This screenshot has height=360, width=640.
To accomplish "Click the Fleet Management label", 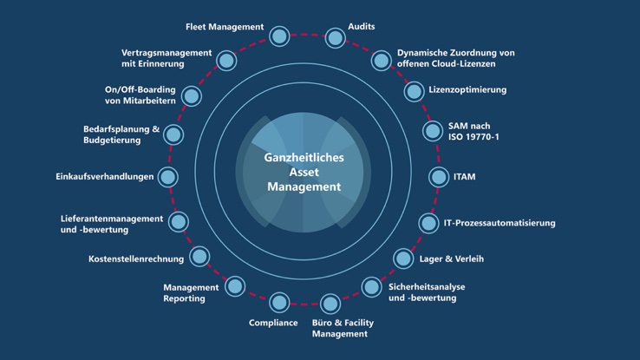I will [x=225, y=27].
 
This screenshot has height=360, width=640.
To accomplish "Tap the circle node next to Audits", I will [x=335, y=37].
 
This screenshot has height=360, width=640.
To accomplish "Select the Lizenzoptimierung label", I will [x=467, y=89].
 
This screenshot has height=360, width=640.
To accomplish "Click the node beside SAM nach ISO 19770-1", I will [x=432, y=131].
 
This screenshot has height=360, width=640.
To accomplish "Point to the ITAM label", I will [x=464, y=177].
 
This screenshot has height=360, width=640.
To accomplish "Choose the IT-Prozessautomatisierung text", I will [x=499, y=223].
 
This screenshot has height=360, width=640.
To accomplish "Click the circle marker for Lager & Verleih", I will [x=403, y=258].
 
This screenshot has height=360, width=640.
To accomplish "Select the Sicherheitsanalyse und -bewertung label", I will [x=421, y=291].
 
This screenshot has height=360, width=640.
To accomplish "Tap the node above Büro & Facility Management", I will [x=330, y=304].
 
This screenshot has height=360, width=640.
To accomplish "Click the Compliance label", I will [x=273, y=323].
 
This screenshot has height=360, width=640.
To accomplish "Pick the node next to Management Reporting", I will [x=234, y=285].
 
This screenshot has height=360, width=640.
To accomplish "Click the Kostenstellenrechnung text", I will [x=136, y=259].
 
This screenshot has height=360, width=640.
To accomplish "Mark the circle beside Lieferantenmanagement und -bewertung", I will [x=179, y=222].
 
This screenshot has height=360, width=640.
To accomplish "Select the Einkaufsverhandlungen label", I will [x=104, y=177].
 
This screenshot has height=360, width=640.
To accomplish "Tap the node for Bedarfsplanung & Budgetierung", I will [x=173, y=134].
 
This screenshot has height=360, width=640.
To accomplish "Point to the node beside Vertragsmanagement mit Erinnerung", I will [x=226, y=60].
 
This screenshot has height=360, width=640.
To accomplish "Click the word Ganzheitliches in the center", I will [x=304, y=158].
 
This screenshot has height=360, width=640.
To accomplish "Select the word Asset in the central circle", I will [x=304, y=173].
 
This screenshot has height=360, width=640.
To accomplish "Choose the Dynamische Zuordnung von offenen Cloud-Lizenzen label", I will [x=455, y=58].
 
